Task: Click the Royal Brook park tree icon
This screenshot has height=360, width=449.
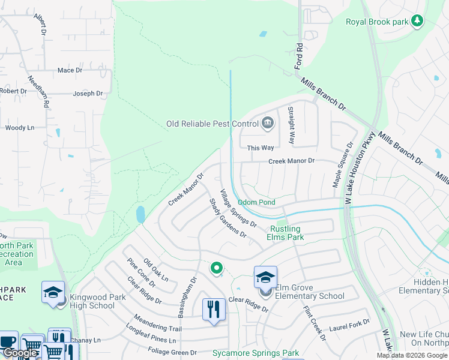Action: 417,22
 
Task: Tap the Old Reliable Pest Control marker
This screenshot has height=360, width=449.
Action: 268,124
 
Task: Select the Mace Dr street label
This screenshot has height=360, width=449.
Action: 70,71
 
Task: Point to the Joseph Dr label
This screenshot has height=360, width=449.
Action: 88,94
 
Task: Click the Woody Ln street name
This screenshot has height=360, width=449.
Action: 20,128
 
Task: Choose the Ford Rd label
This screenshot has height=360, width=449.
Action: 298,54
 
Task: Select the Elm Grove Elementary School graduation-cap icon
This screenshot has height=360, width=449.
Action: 265,277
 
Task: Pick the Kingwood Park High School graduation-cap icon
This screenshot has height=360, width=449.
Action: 53,292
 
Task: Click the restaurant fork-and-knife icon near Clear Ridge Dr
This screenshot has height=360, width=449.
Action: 214,310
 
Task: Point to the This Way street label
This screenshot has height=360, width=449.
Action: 261,148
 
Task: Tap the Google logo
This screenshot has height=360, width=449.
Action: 20,353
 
